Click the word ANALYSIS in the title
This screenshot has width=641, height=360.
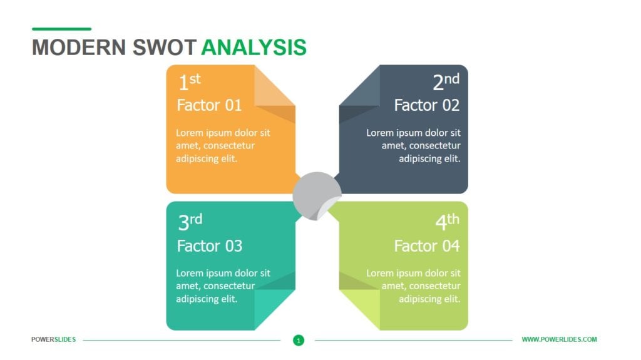(x=254, y=48)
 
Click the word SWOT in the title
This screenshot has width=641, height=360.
(x=165, y=48)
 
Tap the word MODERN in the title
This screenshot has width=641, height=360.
(x=79, y=48)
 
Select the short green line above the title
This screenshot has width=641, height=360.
(x=61, y=29)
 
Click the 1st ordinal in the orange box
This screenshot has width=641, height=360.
(x=189, y=82)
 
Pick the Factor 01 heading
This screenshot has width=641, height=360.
(x=209, y=105)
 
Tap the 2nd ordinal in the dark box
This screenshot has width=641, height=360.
(x=446, y=82)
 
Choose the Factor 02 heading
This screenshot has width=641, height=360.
(x=426, y=105)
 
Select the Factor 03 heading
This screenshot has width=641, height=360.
(x=209, y=245)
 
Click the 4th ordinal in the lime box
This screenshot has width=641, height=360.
(x=447, y=222)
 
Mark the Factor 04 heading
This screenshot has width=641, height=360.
(x=426, y=245)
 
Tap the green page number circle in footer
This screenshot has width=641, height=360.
(x=299, y=340)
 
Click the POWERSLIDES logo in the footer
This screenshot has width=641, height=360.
(x=54, y=339)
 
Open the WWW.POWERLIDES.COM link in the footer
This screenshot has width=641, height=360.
(x=559, y=339)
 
